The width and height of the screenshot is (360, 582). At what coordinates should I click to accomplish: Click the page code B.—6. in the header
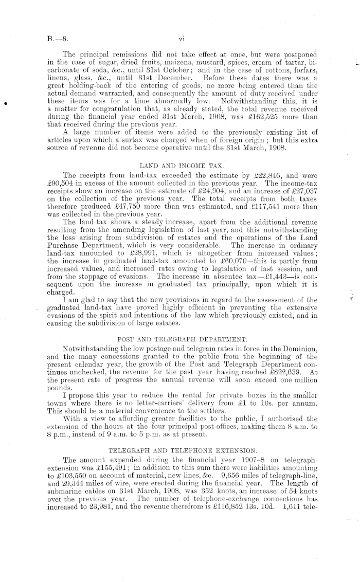tap(54, 38)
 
